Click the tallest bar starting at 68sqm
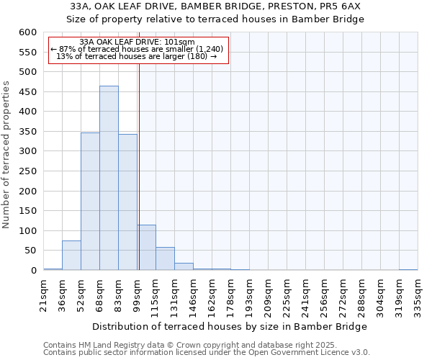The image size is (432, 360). [x=109, y=178]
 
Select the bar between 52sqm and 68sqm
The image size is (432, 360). [x=90, y=202]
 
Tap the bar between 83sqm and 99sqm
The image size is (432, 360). [x=127, y=202]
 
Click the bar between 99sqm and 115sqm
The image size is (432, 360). [x=146, y=248]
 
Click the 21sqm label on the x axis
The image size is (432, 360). [x=43, y=294]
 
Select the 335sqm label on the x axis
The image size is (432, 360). [x=418, y=294]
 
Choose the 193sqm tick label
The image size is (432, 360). [x=249, y=294]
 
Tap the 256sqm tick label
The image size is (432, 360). [x=324, y=294]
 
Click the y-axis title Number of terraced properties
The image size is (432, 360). [x=7, y=155]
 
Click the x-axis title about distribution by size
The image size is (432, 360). [x=230, y=326]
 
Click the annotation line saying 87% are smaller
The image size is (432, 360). [x=137, y=49]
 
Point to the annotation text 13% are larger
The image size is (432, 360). [x=136, y=56]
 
